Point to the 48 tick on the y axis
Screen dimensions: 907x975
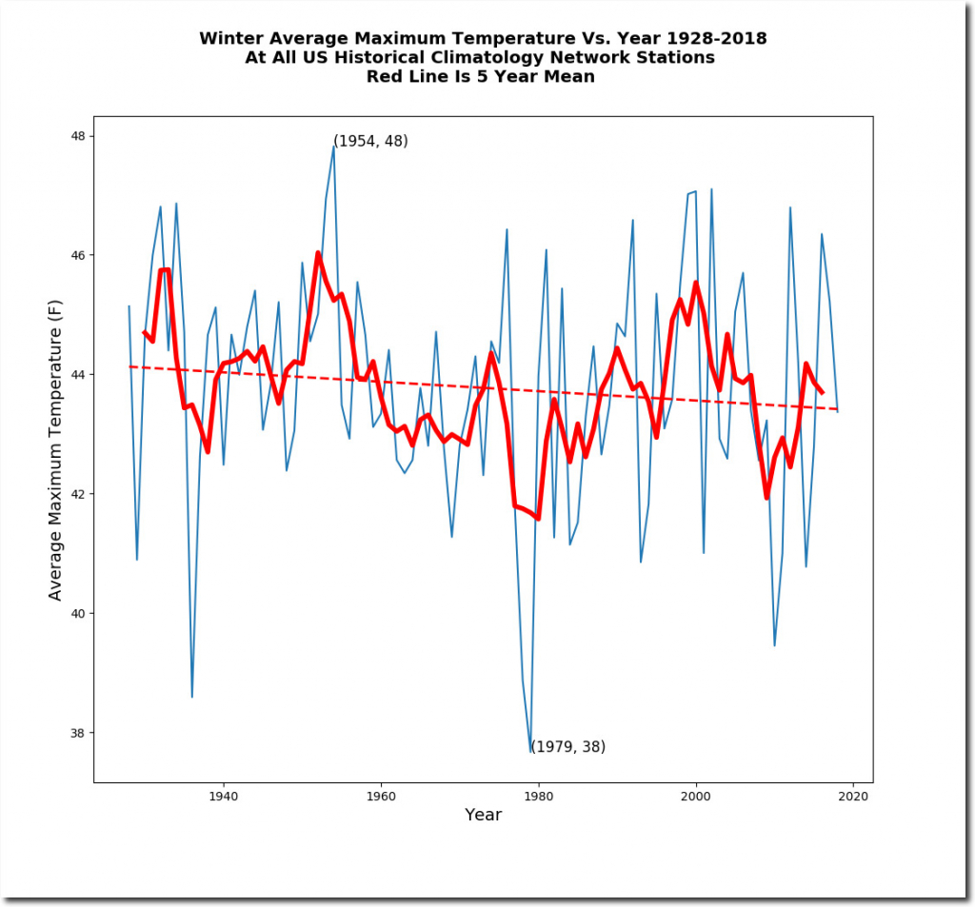pyautogui.click(x=77, y=136)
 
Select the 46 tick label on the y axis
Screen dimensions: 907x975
pyautogui.click(x=77, y=255)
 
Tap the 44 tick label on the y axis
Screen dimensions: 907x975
pyautogui.click(x=77, y=375)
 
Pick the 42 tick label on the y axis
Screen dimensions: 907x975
pyautogui.click(x=77, y=494)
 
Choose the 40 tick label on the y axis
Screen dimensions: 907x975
pyautogui.click(x=77, y=614)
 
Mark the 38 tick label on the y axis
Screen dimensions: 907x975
pyautogui.click(x=77, y=733)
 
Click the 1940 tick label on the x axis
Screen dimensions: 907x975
pyautogui.click(x=223, y=796)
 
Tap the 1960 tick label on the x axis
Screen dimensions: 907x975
pyautogui.click(x=381, y=796)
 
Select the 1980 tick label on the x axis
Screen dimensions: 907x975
pyautogui.click(x=539, y=796)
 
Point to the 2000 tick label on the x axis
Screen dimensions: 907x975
pyautogui.click(x=696, y=796)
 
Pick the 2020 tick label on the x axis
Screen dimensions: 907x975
pyautogui.click(x=854, y=796)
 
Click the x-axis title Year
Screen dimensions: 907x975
pyautogui.click(x=483, y=816)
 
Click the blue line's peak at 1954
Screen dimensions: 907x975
pyautogui.click(x=333, y=146)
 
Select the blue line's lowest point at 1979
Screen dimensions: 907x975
pyautogui.click(x=530, y=752)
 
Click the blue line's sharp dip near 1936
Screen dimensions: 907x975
pyautogui.click(x=191, y=697)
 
